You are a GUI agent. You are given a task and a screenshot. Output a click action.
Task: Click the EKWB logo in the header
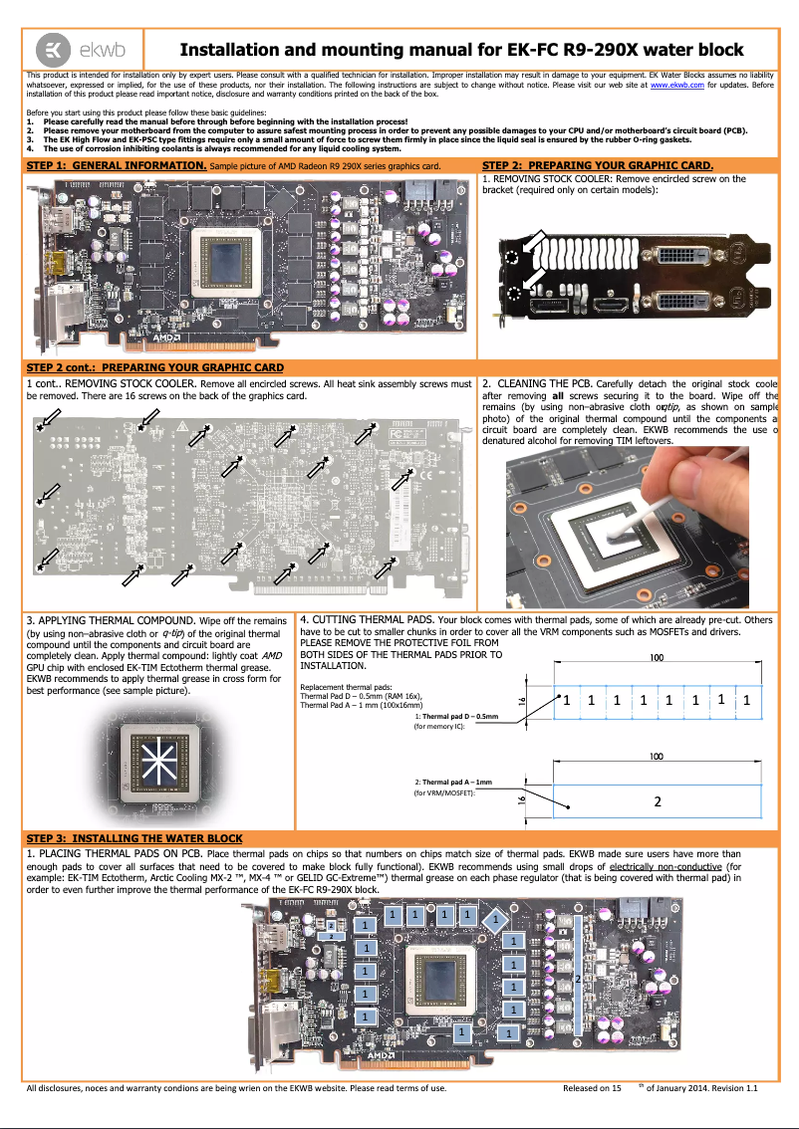(x=83, y=50)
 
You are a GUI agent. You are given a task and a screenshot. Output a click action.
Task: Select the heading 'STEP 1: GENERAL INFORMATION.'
(x=116, y=164)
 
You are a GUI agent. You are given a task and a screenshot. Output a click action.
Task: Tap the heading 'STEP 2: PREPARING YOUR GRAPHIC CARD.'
(x=597, y=164)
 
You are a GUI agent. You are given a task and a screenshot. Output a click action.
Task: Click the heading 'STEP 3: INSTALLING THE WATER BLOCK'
(x=134, y=838)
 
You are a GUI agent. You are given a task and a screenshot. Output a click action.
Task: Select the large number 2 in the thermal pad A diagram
(x=658, y=801)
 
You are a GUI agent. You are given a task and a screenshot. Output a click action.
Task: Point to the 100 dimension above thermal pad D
(x=658, y=658)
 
